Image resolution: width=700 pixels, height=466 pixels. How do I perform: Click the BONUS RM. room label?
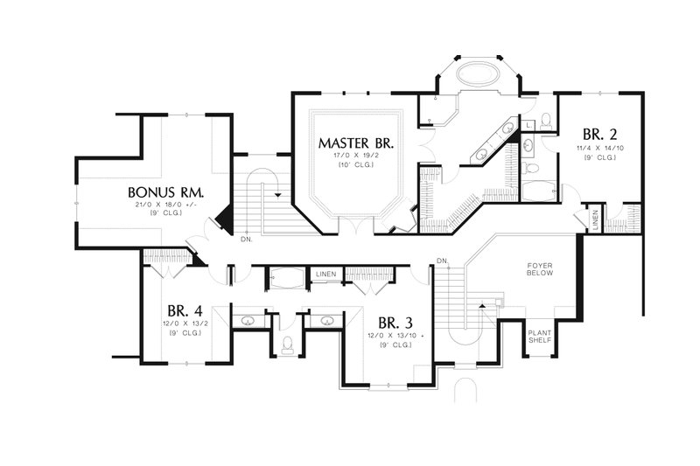166,191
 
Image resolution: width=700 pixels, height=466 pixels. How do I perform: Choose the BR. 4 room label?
185,310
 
